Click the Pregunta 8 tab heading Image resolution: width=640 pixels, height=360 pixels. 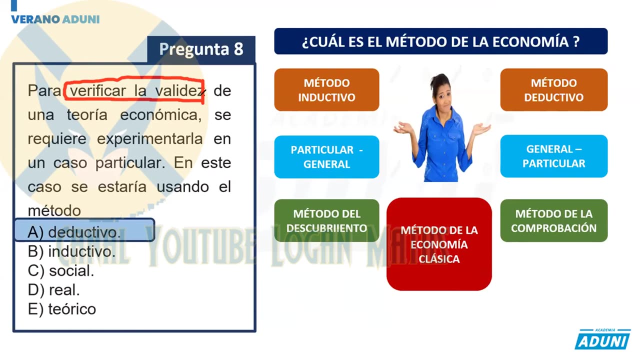(x=201, y=49)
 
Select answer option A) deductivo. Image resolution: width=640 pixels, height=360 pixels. (x=74, y=232)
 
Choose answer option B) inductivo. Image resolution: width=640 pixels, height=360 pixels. (x=71, y=251)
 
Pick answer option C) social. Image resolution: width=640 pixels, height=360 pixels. (x=61, y=271)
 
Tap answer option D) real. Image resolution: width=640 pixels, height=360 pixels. (x=54, y=290)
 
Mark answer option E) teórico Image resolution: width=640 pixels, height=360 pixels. (x=62, y=309)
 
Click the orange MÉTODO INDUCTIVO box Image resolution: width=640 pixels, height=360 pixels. (x=326, y=90)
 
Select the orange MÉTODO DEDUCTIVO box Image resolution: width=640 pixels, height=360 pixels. (x=553, y=90)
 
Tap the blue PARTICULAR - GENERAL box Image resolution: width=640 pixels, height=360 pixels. (x=326, y=157)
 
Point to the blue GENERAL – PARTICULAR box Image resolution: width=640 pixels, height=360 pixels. (x=553, y=156)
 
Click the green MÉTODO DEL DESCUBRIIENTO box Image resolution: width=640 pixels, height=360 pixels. (x=326, y=221)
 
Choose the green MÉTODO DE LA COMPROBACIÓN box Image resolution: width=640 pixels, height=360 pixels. (x=553, y=221)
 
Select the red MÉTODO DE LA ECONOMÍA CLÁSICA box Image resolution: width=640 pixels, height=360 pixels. (x=439, y=244)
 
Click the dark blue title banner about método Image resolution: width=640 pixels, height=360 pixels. (x=440, y=41)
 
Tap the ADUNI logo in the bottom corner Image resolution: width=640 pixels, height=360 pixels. (x=602, y=339)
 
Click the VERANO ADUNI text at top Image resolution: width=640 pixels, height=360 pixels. (x=55, y=19)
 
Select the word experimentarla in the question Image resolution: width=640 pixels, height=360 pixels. (x=150, y=138)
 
